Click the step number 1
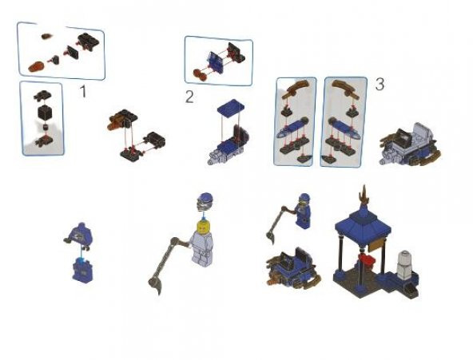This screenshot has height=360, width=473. coord(82,92)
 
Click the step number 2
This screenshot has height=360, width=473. coord(189,97)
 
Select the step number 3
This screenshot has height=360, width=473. coord(380,84)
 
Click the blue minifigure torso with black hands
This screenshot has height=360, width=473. coord(81,234)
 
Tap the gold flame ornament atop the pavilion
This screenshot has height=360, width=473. coord(365,193)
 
